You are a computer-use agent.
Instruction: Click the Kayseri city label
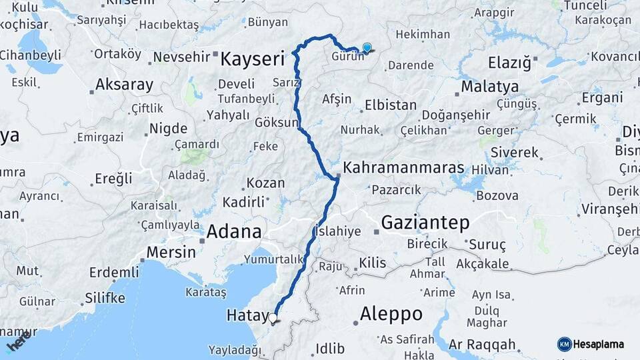point(262,59)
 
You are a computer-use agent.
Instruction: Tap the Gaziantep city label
point(425,222)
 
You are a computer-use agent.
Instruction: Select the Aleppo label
point(391,313)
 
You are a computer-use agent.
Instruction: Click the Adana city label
point(234,232)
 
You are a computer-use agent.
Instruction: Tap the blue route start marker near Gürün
point(367,47)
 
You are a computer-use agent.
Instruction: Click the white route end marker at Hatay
point(273,319)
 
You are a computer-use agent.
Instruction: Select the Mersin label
point(171,253)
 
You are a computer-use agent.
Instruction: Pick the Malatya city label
point(490,87)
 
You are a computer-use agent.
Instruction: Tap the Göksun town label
point(277,123)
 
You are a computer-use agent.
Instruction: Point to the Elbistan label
point(391,105)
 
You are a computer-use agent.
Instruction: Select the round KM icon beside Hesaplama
point(565,345)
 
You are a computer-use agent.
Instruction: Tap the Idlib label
point(331,348)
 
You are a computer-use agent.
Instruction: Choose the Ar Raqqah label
point(483,345)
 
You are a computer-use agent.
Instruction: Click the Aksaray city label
point(125,85)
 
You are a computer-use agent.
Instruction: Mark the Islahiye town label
point(339,231)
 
